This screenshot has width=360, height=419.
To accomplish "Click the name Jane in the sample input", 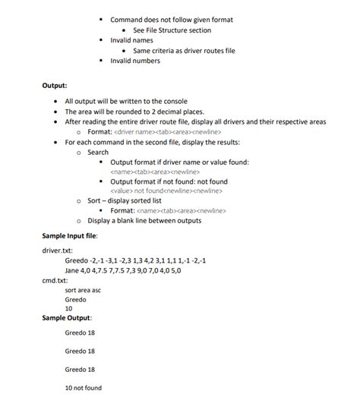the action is tap(72, 270).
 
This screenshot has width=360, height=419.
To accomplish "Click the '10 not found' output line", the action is tap(83, 389).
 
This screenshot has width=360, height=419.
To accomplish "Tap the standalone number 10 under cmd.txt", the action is tap(68, 309).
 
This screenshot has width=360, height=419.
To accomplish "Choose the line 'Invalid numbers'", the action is tap(135, 61).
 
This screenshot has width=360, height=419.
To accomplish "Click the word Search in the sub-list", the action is tap(98, 152).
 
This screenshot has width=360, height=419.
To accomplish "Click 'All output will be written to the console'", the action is tap(126, 101).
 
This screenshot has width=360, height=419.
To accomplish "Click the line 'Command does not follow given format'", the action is tap(172, 20).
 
